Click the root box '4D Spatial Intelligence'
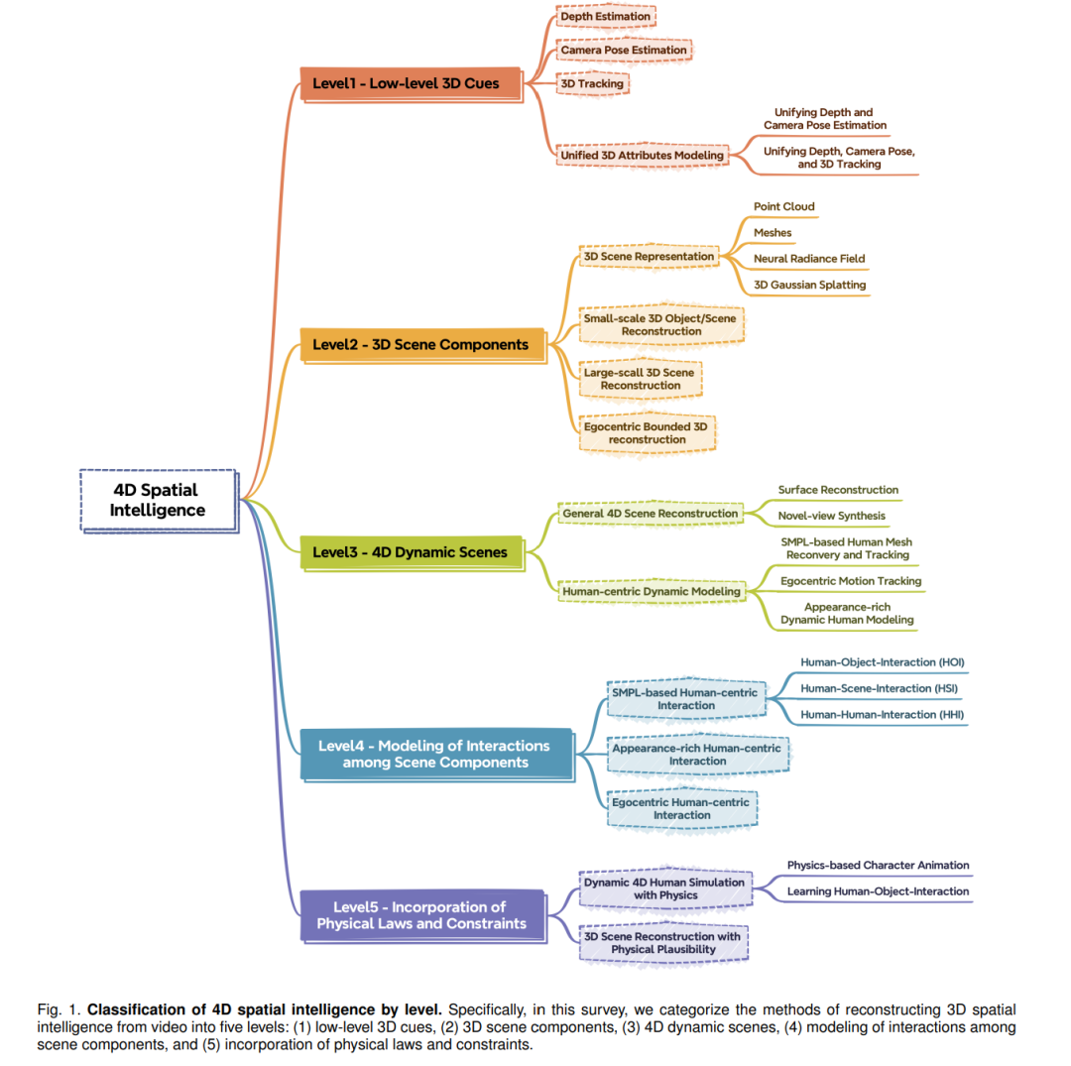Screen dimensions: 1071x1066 click(x=159, y=501)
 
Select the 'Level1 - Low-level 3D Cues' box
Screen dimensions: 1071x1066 click(x=412, y=84)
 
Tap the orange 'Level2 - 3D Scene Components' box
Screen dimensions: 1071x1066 click(x=423, y=345)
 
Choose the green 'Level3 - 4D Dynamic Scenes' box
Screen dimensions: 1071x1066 click(x=413, y=553)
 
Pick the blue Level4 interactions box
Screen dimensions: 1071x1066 click(x=437, y=755)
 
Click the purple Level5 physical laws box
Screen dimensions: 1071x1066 click(x=423, y=915)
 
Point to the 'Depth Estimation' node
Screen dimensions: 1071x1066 click(x=606, y=17)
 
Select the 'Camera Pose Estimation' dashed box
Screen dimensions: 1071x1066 click(x=624, y=50)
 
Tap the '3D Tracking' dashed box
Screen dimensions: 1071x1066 click(x=592, y=84)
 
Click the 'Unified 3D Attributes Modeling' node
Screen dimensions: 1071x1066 click(x=642, y=155)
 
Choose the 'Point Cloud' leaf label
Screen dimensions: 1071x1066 click(x=784, y=207)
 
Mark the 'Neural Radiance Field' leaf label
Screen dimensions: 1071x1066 click(x=809, y=259)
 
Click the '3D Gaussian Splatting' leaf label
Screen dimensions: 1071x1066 click(x=810, y=285)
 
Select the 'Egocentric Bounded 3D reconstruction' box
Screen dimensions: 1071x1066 click(x=647, y=433)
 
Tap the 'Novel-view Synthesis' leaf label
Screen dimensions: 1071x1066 click(x=831, y=517)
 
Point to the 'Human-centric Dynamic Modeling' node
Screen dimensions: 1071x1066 click(x=652, y=591)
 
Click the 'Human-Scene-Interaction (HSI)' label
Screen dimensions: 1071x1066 click(x=879, y=688)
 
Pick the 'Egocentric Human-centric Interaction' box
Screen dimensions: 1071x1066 click(x=681, y=808)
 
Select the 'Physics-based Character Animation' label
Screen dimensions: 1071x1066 click(x=878, y=866)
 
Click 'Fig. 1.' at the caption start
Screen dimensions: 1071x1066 click(x=59, y=1009)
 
